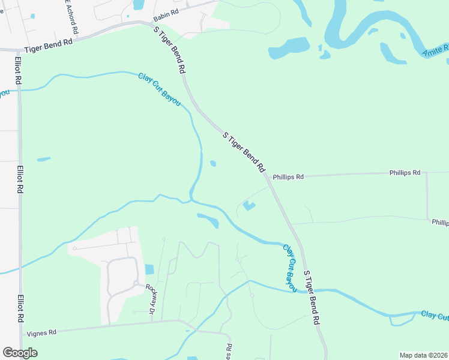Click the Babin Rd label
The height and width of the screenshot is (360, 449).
tap(166, 12)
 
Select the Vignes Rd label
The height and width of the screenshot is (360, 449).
tap(41, 332)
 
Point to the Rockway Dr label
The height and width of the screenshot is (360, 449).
tap(150, 298)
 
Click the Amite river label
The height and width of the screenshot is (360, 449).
tap(436, 50)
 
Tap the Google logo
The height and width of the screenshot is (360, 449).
tap(20, 353)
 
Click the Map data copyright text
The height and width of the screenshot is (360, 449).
tap(423, 355)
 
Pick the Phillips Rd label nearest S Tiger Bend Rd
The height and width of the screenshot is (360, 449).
tap(288, 177)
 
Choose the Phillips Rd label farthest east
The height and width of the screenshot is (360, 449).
tap(440, 222)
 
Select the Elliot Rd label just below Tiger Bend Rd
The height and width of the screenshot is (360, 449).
tap(19, 71)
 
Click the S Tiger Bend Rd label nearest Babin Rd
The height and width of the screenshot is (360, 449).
tap(169, 50)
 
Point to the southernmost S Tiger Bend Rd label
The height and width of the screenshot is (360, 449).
tap(311, 298)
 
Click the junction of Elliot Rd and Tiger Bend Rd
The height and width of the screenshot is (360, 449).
tap(19, 49)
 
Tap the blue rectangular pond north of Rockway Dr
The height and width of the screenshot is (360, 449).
tap(149, 269)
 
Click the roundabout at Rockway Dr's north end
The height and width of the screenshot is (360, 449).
tap(136, 284)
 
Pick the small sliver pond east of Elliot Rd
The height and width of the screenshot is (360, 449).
tap(44, 159)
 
